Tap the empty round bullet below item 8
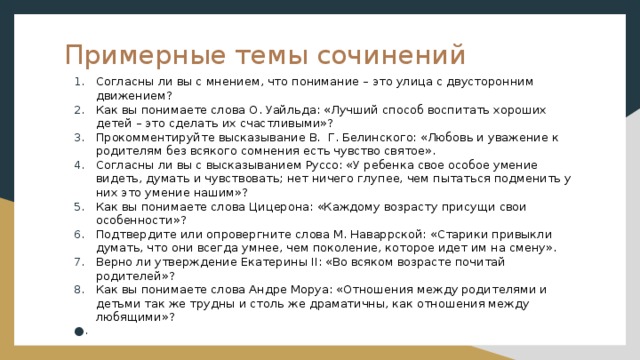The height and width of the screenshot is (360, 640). point(79,332)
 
